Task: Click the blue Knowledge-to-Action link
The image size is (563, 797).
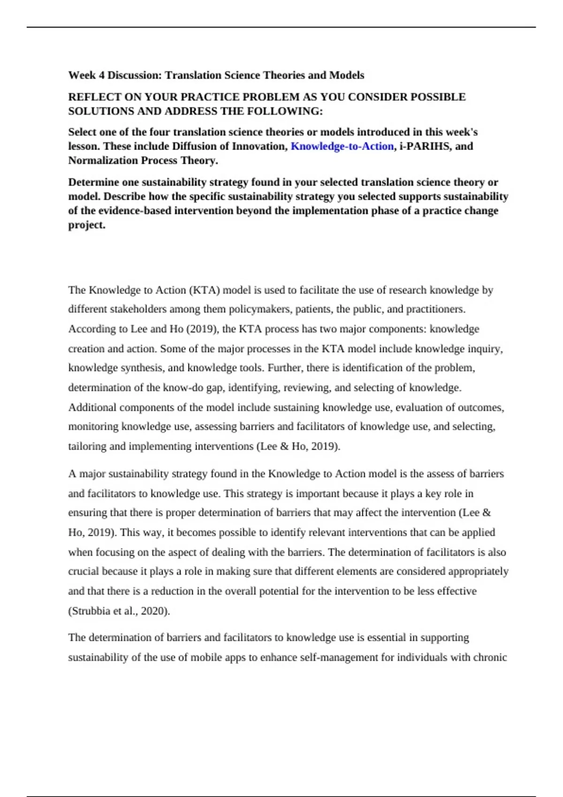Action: [342, 146]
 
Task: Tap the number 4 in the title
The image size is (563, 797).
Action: [101, 75]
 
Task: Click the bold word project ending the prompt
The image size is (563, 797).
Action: [86, 225]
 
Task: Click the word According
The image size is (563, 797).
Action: [91, 329]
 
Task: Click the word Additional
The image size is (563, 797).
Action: [92, 407]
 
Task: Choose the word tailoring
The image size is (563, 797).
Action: [87, 446]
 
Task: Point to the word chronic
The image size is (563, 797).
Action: [491, 657]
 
